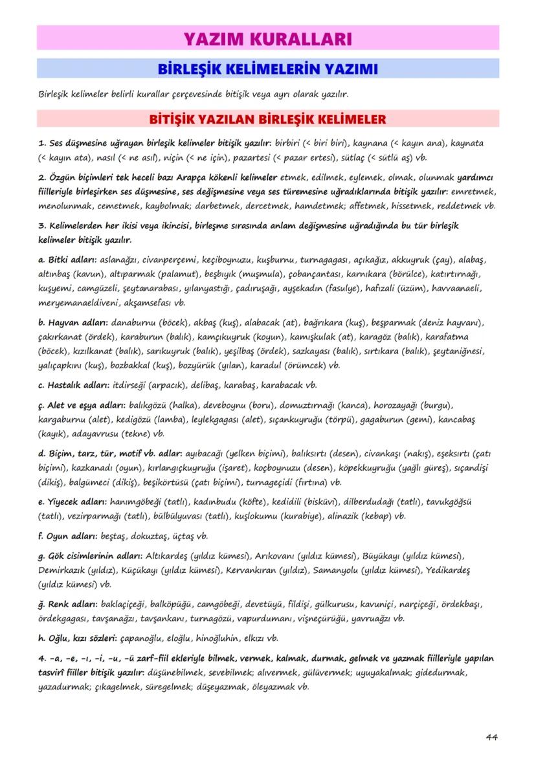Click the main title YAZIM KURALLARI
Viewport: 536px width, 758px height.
point(267,38)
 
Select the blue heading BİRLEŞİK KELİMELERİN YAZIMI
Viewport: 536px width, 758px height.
point(267,69)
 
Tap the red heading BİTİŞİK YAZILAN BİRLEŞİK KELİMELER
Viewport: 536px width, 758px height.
point(267,119)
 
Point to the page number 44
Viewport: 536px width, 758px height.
point(491,737)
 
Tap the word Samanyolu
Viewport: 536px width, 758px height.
point(339,571)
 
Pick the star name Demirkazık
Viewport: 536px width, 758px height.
point(62,571)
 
